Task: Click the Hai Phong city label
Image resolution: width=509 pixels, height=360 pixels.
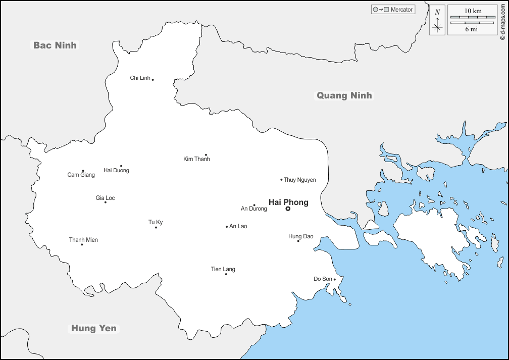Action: point(288,202)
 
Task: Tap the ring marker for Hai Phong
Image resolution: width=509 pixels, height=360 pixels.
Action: point(288,209)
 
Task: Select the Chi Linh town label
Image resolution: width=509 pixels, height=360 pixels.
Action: point(140,78)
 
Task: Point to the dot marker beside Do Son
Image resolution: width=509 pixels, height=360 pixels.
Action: point(334,279)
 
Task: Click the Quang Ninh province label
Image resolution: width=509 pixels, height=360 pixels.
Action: point(344,95)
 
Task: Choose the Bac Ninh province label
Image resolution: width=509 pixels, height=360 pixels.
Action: point(55,45)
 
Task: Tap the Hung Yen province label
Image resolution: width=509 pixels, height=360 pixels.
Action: point(93,328)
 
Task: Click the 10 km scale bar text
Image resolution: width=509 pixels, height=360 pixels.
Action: point(473,11)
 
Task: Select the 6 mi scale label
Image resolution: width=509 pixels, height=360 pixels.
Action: point(472,29)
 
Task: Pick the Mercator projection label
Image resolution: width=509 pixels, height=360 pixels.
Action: point(401,10)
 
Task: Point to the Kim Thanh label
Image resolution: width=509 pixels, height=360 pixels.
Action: point(196,159)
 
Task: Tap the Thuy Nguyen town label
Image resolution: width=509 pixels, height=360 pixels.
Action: point(299,180)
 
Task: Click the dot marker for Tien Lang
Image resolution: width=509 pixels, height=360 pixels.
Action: point(226,274)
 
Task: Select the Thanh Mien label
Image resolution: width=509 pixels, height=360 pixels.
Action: point(83,240)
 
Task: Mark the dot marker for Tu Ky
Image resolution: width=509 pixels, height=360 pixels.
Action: point(156,227)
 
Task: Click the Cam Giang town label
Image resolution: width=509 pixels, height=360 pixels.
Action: point(81,175)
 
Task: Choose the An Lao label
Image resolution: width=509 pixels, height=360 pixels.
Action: point(238,226)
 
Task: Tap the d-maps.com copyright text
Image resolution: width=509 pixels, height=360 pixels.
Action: point(502,20)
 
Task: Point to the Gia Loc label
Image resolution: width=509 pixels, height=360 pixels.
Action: point(105,198)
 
